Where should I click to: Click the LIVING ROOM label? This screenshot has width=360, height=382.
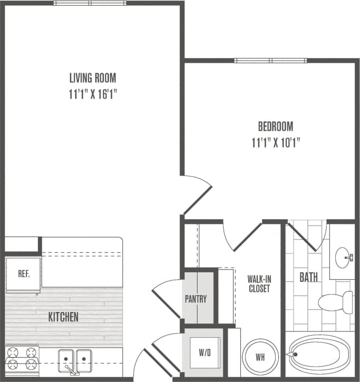coord(93,79)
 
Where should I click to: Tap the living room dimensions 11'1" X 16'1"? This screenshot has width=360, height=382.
coord(93,94)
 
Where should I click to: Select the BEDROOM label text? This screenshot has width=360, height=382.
coord(275,126)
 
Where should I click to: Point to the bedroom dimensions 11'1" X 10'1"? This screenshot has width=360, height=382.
coord(275,142)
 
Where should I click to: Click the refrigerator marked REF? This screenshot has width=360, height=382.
coord(23,274)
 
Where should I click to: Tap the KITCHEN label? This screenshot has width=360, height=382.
coord(63,317)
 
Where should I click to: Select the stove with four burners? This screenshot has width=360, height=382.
coord(21,359)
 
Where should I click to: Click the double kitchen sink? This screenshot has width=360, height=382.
coord(74,360)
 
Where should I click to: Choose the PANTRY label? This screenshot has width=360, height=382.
coord(196,299)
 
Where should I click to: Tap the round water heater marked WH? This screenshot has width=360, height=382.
coord(259,357)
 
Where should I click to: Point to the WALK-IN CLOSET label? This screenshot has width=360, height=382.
coord(259,283)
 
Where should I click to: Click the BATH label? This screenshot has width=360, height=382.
coord(308,277)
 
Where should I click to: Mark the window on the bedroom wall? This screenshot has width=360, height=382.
coord(270,60)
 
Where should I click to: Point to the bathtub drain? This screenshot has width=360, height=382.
coord(295,355)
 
